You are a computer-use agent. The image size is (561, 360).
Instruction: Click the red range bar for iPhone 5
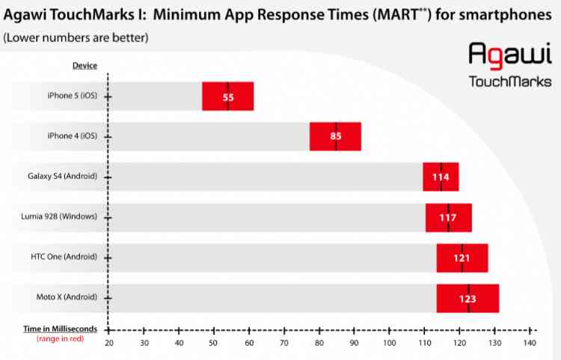coord(228,96)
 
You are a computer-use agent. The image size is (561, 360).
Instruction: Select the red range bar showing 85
coord(336,136)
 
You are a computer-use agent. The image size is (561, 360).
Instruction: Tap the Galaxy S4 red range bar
coord(441,177)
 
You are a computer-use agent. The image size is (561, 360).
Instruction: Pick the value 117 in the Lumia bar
coord(449,218)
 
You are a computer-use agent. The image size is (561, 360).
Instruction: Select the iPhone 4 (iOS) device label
coord(72,136)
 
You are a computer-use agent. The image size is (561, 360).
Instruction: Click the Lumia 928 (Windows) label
coord(60,217)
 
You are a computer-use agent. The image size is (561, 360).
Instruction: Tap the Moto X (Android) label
coord(67,298)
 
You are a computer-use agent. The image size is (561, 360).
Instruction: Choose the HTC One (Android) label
coord(64,257)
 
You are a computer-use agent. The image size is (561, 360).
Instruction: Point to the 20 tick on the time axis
coord(109,343)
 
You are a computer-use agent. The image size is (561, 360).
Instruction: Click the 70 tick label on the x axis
coord(284,343)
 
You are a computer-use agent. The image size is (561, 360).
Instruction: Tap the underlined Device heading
coord(85,66)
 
